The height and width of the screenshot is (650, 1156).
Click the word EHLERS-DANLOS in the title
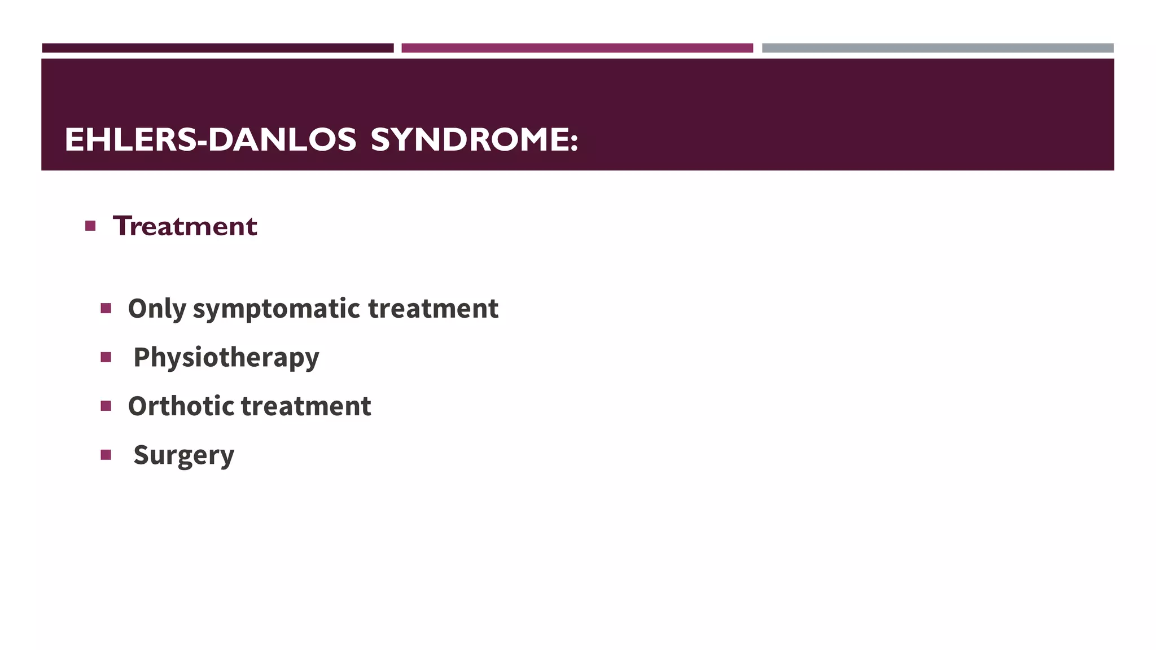point(210,139)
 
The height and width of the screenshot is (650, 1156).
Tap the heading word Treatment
point(185,226)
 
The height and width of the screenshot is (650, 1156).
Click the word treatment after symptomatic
point(433,309)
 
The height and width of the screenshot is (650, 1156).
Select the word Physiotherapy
point(226,358)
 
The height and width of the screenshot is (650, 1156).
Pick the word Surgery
point(183,455)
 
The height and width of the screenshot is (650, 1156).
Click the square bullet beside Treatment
point(90,226)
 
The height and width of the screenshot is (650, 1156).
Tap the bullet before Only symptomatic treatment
point(106,308)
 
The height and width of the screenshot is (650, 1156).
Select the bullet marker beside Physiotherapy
point(106,357)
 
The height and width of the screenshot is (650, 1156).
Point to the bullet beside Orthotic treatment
point(106,406)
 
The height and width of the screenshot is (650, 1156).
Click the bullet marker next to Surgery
point(106,455)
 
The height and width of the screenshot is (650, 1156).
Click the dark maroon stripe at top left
point(218,48)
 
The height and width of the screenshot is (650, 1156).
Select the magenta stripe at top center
point(577,48)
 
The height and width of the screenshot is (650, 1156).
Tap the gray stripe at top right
point(938,48)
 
